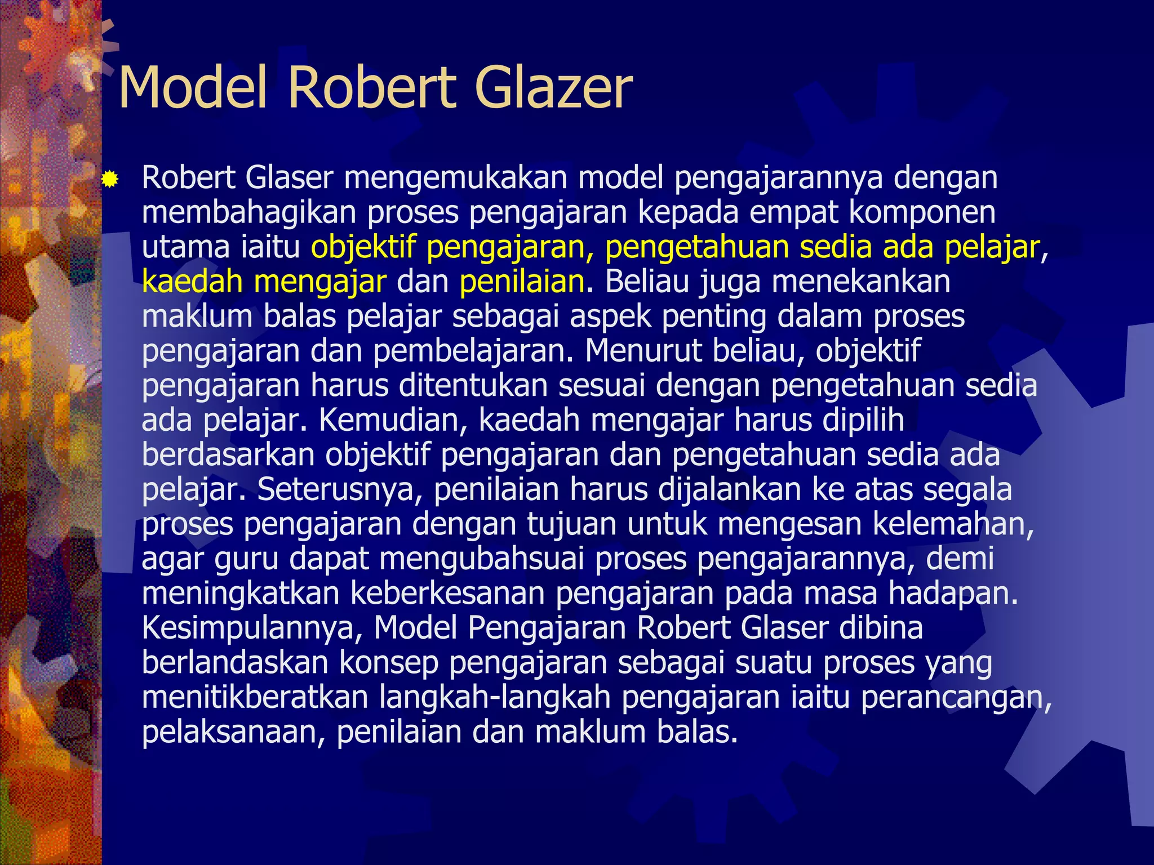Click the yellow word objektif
click(x=363, y=247)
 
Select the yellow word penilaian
click(x=522, y=282)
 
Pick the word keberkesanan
click(x=447, y=594)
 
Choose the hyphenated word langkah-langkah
click(x=495, y=697)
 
